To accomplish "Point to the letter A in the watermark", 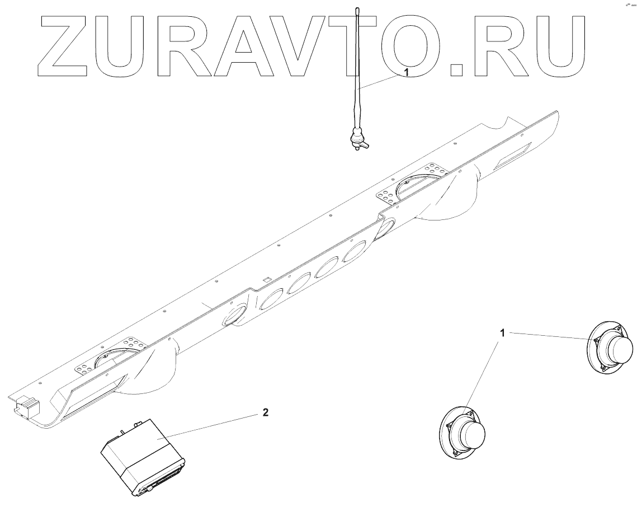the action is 245,48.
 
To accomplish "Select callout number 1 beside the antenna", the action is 407,73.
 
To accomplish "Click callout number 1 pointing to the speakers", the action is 503,334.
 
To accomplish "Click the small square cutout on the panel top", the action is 267,278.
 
